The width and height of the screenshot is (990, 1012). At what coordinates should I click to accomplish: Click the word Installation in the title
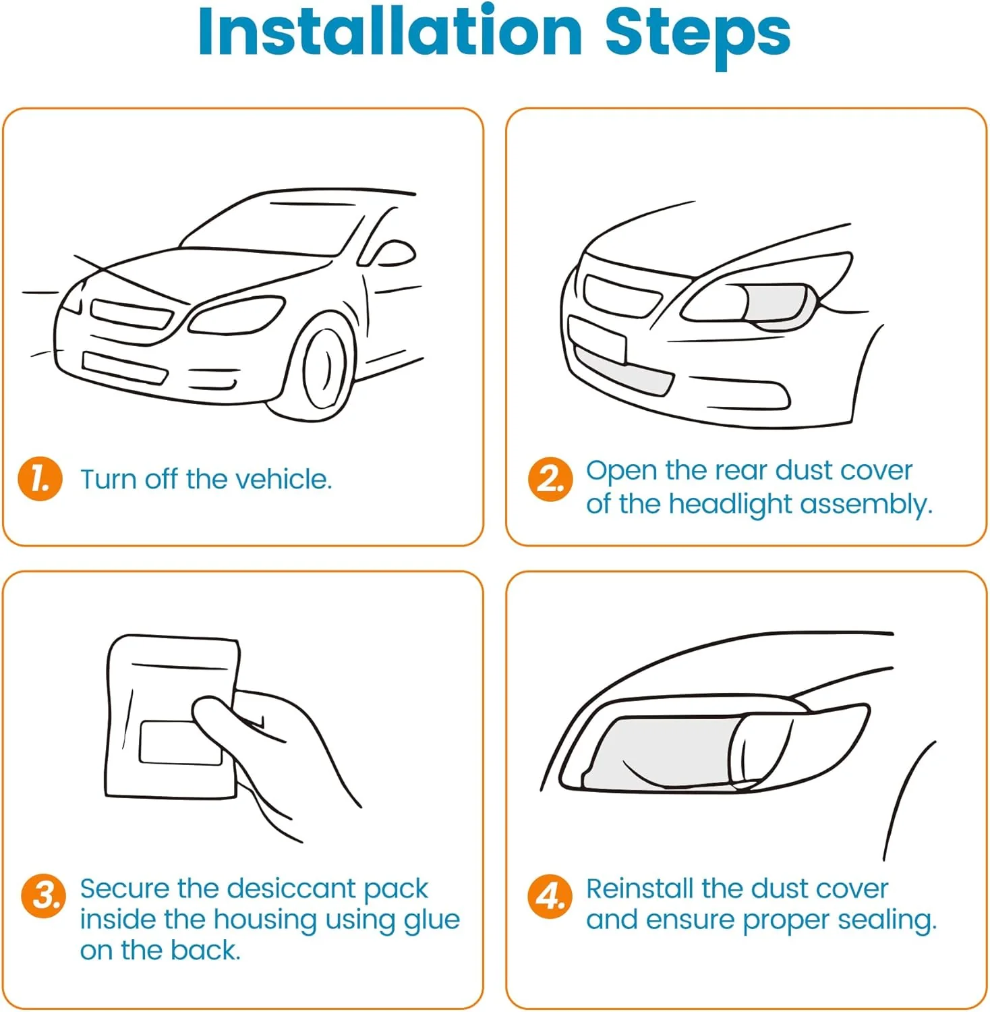(390, 32)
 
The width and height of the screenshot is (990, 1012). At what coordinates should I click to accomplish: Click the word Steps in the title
(697, 32)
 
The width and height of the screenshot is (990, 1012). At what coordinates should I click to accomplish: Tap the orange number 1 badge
(40, 480)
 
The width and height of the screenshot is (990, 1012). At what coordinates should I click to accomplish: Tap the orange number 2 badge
(550, 480)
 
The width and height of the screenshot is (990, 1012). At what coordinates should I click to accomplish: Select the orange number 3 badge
(44, 897)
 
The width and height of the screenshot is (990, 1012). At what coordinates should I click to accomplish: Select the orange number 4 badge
(550, 897)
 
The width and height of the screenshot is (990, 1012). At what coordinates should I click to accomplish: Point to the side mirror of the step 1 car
(395, 254)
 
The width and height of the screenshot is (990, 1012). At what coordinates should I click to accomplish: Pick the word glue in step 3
(432, 920)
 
